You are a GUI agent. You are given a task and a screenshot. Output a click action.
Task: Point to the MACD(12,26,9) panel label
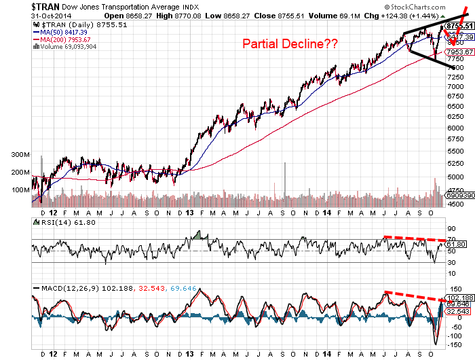(x=65, y=289)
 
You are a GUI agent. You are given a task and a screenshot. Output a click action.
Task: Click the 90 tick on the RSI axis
(x=450, y=229)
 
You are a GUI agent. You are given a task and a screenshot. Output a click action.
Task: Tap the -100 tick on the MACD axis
(x=453, y=335)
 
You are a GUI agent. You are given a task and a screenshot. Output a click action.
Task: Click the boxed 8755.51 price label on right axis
(x=459, y=26)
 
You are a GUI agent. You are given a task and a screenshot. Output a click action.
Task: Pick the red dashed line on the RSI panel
(x=415, y=238)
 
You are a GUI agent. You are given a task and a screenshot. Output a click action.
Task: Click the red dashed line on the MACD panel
(x=415, y=296)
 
